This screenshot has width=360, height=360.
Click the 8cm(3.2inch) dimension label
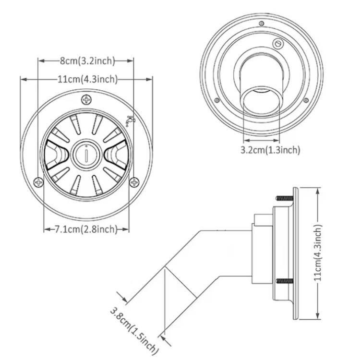pos(87,61)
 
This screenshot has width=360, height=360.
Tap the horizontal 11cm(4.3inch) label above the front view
pos(87,79)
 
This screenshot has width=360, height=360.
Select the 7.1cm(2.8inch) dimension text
pos(86,229)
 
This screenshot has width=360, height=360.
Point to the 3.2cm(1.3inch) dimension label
pos(270,150)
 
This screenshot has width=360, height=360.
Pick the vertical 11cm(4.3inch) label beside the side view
pos(318,252)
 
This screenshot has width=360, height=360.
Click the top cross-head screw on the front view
pos(86,100)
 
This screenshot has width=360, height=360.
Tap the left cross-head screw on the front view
pos(38,182)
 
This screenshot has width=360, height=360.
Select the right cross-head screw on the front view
pos(134,182)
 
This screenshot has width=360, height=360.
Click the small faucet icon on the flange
pos(130,120)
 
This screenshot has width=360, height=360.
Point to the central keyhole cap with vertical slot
pos(86,155)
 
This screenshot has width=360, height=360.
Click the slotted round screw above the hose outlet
pos(278,43)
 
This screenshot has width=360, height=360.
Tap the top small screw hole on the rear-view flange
pos(261,24)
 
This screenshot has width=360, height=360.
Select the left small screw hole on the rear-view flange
pos(216,100)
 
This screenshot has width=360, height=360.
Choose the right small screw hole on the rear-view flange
pos(306,100)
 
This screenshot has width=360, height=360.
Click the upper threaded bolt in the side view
pos(285,198)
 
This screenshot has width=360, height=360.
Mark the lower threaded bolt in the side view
pos(285,281)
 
